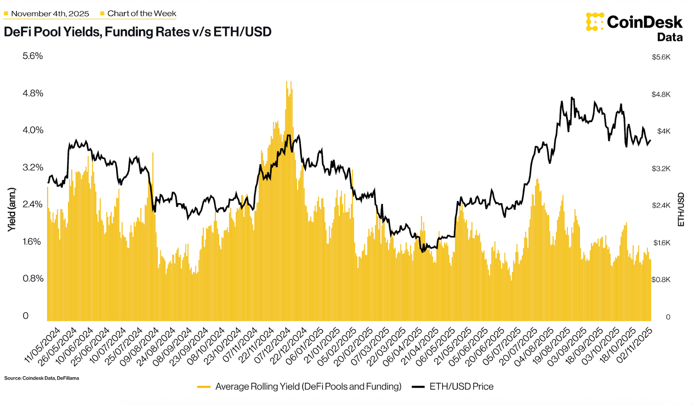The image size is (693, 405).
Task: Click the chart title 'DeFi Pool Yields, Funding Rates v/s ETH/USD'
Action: (x=138, y=32)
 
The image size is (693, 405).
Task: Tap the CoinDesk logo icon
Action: (x=595, y=22)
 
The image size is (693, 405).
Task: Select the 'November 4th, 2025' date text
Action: (x=50, y=14)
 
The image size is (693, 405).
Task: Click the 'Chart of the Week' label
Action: (x=142, y=14)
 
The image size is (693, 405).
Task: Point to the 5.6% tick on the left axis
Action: (x=33, y=56)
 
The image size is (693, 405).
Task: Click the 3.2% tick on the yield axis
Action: (x=33, y=167)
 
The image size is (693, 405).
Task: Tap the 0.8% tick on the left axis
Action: (x=33, y=279)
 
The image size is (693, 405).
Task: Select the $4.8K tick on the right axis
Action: (x=661, y=94)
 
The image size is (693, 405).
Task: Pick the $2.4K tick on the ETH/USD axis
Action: (x=661, y=205)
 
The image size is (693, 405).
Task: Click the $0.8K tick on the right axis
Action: (x=661, y=280)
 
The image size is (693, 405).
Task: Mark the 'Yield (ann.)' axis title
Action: (x=12, y=209)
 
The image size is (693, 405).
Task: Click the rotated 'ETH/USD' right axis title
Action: (x=681, y=209)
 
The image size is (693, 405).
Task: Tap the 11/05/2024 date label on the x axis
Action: (x=43, y=345)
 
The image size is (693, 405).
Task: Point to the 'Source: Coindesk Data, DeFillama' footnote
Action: (x=42, y=378)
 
